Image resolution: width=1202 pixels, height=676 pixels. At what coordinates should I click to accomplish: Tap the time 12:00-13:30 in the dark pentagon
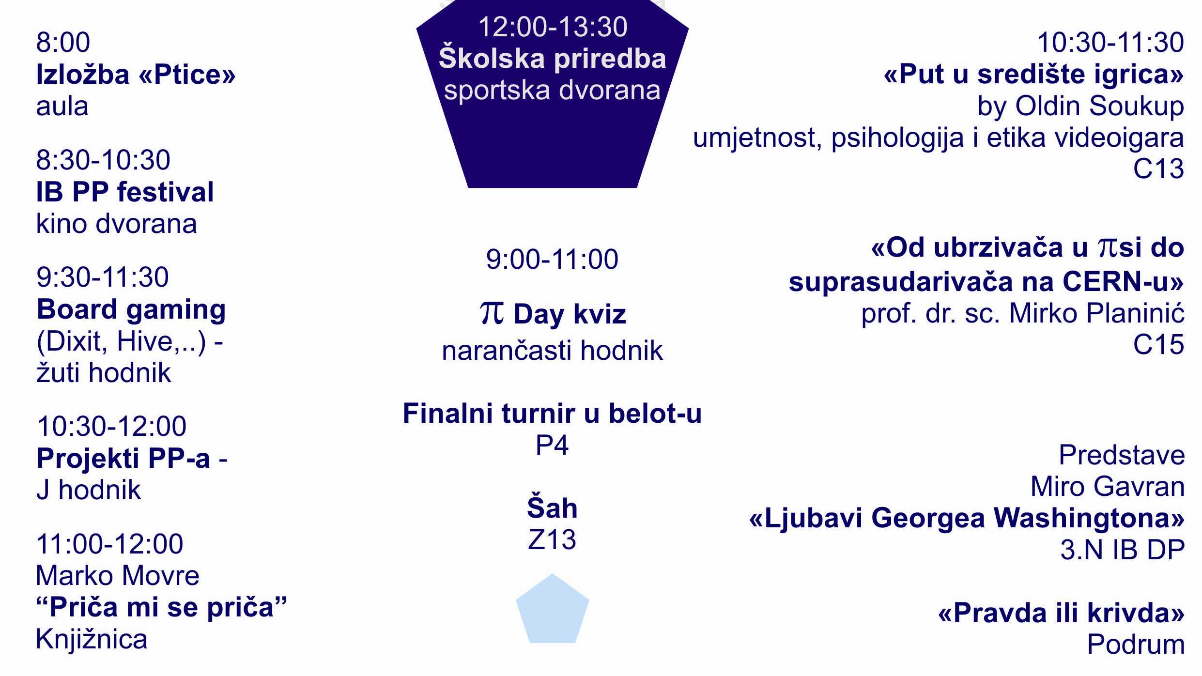553,27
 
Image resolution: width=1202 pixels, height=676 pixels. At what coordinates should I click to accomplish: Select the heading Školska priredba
553,58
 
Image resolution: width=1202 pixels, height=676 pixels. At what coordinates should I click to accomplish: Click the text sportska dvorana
553,91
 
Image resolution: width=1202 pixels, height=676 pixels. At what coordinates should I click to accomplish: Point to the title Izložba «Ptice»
136,75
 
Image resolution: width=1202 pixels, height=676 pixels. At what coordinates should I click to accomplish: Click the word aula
62,107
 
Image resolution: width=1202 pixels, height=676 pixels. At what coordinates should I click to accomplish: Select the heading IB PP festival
125,192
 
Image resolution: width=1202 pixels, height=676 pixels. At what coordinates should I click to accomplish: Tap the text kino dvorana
117,224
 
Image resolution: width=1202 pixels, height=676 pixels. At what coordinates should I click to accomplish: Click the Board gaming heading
131,310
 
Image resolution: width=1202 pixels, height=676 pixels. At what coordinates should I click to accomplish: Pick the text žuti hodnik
104,373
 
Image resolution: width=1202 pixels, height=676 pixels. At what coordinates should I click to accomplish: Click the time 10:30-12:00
111,426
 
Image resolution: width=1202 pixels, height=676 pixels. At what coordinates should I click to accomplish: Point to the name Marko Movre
118,576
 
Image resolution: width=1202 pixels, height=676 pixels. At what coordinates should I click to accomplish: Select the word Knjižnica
92,640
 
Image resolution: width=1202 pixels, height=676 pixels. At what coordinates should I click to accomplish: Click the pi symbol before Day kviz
492,313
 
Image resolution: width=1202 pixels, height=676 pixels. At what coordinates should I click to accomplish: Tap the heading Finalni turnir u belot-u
553,414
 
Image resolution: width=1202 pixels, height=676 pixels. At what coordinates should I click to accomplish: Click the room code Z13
552,539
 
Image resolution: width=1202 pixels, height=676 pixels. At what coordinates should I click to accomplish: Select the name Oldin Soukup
1099,106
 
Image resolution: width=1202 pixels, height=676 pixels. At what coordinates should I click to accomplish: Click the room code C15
1158,345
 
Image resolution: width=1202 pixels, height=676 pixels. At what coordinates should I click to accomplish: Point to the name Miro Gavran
1108,486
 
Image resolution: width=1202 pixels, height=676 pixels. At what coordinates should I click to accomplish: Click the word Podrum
1136,645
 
